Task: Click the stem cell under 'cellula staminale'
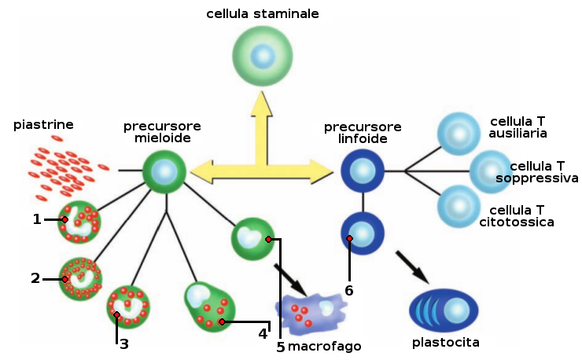click(x=263, y=57)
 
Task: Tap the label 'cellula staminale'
click(x=263, y=14)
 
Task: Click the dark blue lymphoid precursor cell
click(x=363, y=171)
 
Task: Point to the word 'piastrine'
click(x=44, y=124)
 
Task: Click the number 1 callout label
click(x=37, y=219)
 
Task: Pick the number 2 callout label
click(x=35, y=278)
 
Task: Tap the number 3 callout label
click(x=124, y=343)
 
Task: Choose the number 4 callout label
click(x=263, y=333)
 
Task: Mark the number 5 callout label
click(x=281, y=347)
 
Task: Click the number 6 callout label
click(x=349, y=290)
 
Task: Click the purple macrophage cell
click(x=310, y=311)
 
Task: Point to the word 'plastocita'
click(x=445, y=343)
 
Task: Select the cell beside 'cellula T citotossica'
click(x=459, y=206)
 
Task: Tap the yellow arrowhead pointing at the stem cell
click(x=263, y=105)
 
